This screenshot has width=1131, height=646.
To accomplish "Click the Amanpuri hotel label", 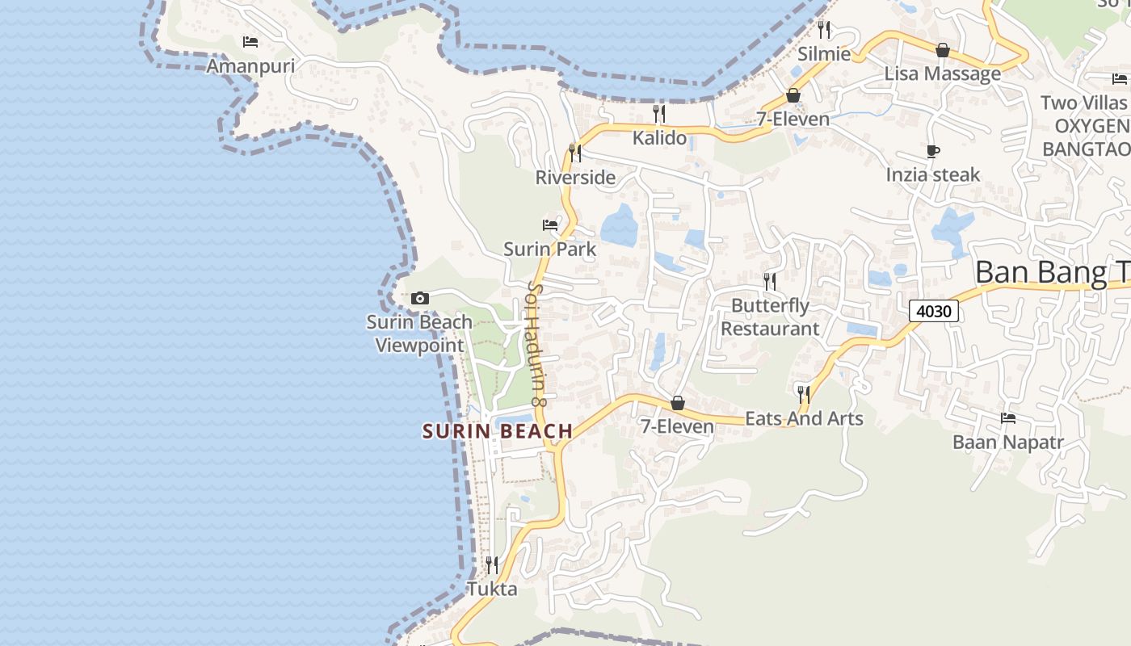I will pyautogui.click(x=250, y=65).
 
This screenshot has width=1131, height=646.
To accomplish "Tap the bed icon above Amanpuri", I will pyautogui.click(x=250, y=41).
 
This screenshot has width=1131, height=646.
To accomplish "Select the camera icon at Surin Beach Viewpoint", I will pyautogui.click(x=419, y=299).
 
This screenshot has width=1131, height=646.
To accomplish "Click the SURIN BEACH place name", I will pyautogui.click(x=498, y=431).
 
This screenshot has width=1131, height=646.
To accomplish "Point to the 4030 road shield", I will pyautogui.click(x=933, y=311).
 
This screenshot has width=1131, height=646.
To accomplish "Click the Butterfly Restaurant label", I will pyautogui.click(x=770, y=317).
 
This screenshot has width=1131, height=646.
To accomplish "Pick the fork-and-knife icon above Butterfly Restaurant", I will pyautogui.click(x=770, y=281).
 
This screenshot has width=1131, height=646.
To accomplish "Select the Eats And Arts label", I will pyautogui.click(x=804, y=418).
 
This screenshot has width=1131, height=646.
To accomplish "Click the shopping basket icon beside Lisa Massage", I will pyautogui.click(x=942, y=51).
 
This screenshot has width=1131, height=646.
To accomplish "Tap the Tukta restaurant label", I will pyautogui.click(x=492, y=589).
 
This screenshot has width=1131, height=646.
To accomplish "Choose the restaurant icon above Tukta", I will pyautogui.click(x=492, y=564).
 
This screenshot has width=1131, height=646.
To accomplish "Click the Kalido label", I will pyautogui.click(x=659, y=137).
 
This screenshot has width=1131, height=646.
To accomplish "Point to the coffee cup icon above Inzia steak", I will pyautogui.click(x=933, y=151).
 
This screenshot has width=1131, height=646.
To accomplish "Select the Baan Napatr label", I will pyautogui.click(x=1007, y=443).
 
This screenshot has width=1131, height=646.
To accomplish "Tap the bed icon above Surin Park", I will pyautogui.click(x=550, y=224).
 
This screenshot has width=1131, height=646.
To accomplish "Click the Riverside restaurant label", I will pyautogui.click(x=575, y=177).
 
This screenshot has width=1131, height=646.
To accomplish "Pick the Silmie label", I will pyautogui.click(x=824, y=54).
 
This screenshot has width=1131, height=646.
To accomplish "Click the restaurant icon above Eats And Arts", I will pyautogui.click(x=804, y=394).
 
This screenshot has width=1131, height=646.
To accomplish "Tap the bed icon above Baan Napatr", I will pyautogui.click(x=1007, y=418).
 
